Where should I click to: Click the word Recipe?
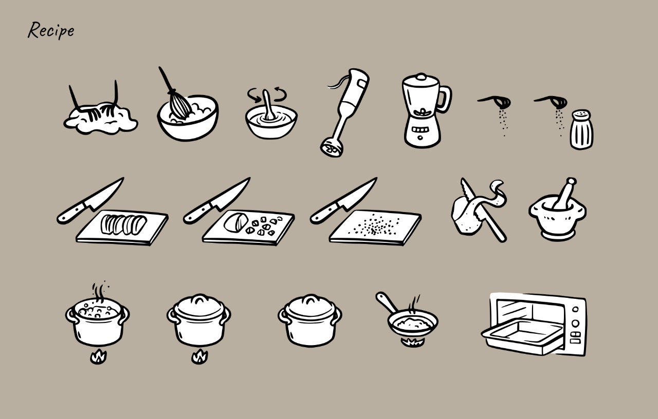click(51, 30)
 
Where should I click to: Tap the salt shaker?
click(581, 131)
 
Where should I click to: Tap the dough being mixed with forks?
click(101, 119)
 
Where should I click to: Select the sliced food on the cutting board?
click(124, 224)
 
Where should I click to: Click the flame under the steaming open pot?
click(98, 356)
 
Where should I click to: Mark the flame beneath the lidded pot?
click(199, 356)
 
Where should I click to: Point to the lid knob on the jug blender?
click(421, 77)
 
